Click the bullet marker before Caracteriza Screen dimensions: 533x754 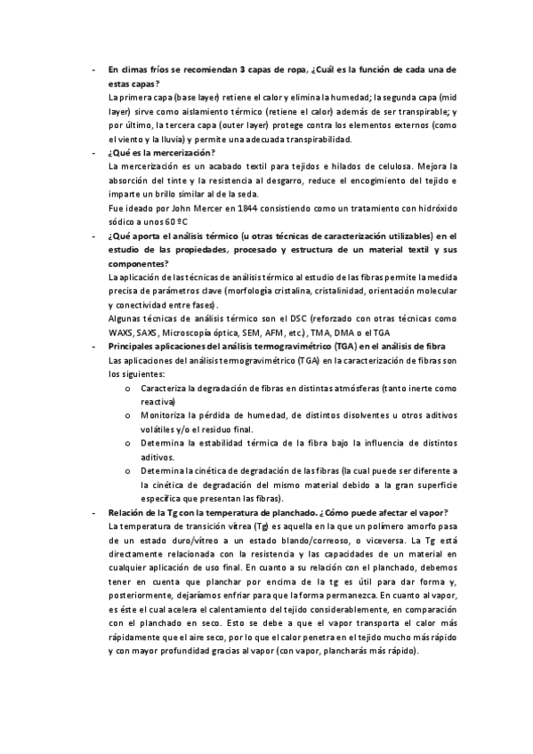coord(129,389)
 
